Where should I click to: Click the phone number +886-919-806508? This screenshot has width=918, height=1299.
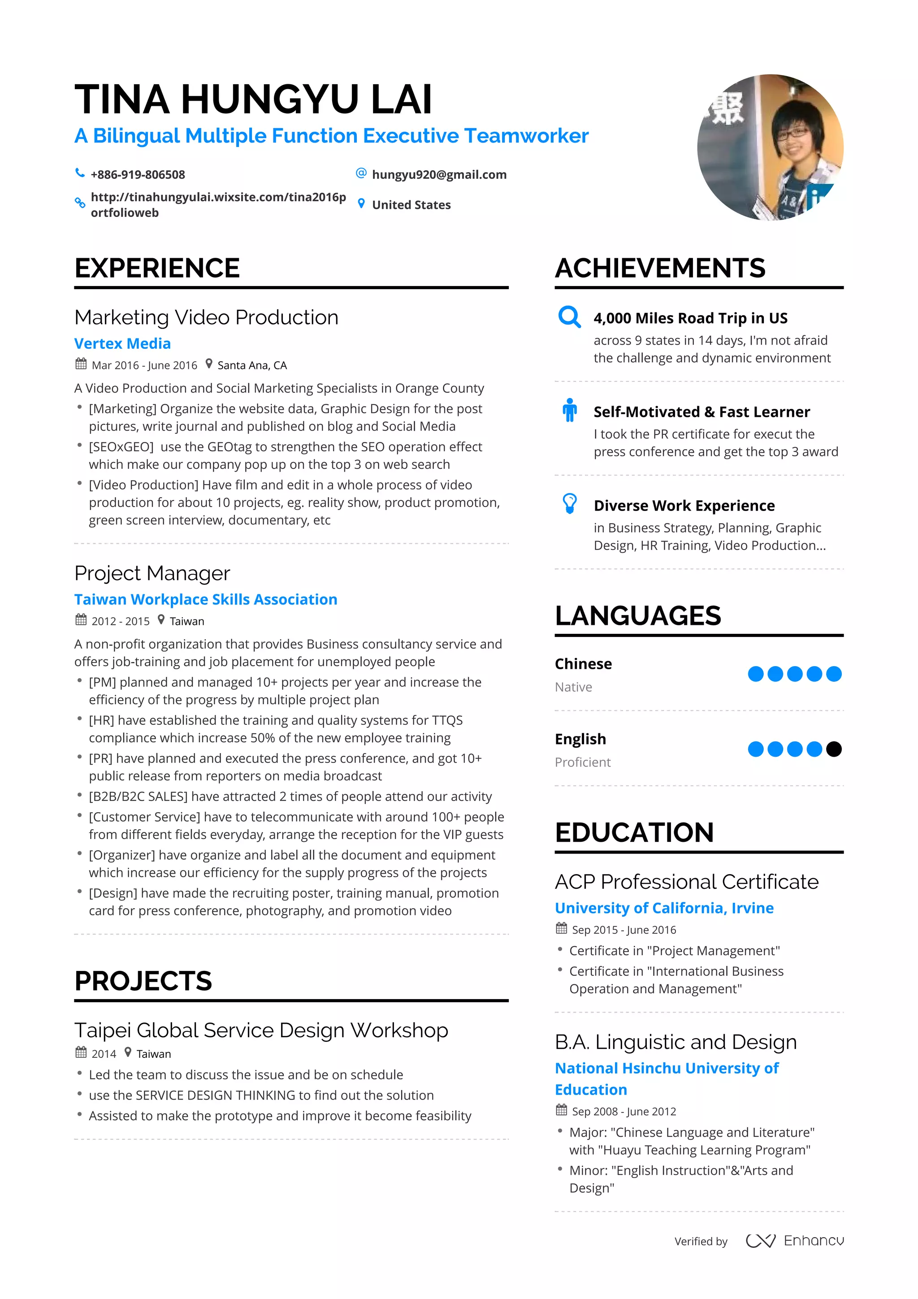(x=138, y=174)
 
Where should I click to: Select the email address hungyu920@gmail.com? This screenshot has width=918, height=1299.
(x=439, y=174)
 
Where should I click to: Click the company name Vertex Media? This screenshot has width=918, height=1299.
(x=122, y=343)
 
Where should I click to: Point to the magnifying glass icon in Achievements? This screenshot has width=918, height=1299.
(x=569, y=317)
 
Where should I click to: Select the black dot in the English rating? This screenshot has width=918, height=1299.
(x=833, y=749)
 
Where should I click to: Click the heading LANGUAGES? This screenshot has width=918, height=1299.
(x=637, y=615)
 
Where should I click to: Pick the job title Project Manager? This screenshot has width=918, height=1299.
(x=152, y=573)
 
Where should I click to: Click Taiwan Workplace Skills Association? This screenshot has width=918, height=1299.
(x=205, y=599)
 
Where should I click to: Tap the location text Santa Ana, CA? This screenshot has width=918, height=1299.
(x=252, y=365)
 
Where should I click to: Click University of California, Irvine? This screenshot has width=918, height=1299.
(x=663, y=908)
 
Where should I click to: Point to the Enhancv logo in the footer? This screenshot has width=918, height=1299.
(x=794, y=1241)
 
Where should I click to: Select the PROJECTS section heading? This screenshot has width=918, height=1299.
(x=143, y=981)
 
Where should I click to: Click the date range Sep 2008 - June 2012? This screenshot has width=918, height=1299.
(x=624, y=1111)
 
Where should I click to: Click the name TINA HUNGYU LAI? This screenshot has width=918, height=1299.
(x=253, y=99)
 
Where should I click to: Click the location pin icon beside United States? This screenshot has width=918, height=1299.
(x=361, y=204)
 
